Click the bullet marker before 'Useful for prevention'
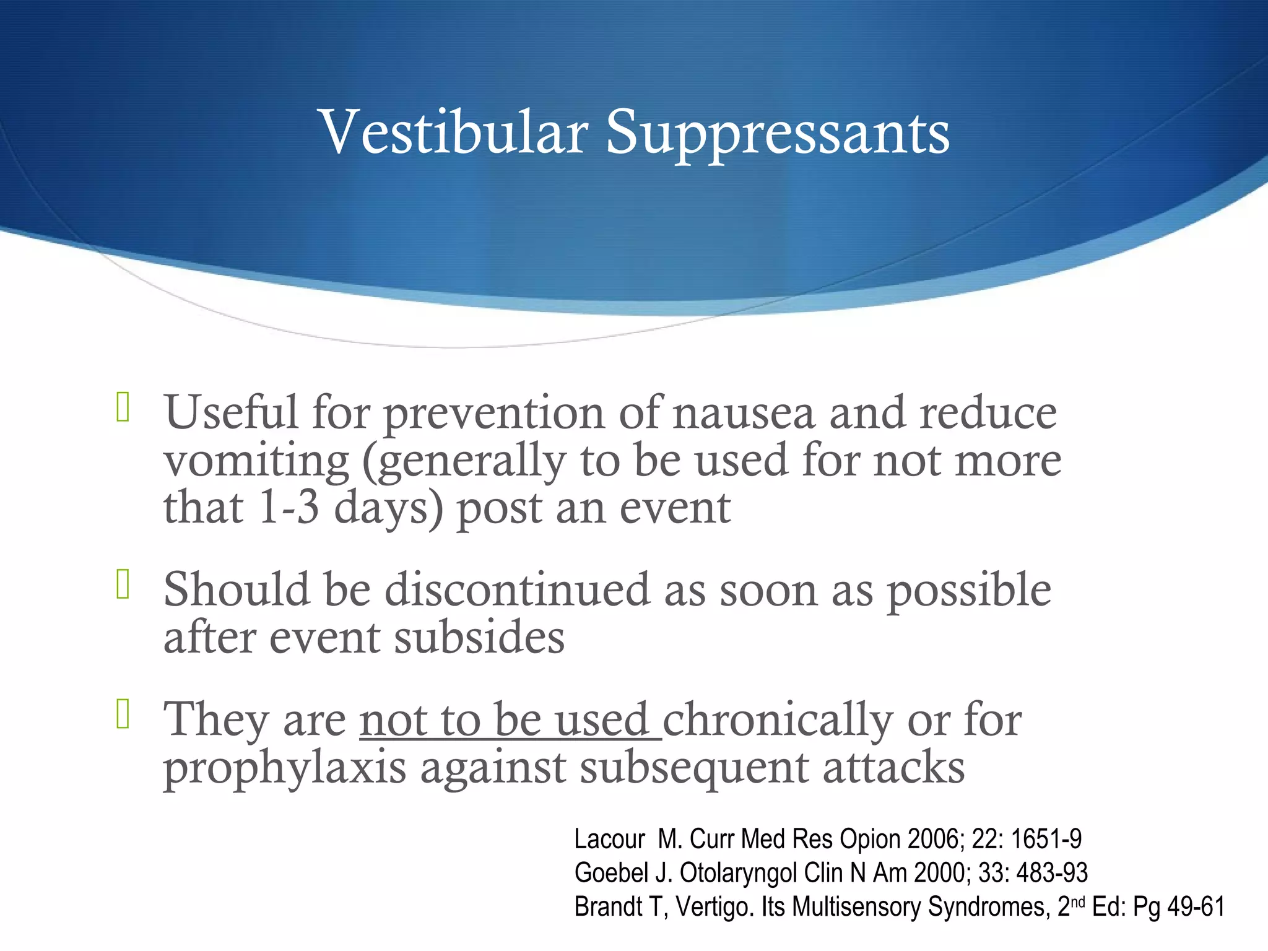123,408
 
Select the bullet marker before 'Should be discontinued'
123,584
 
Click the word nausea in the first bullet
744,413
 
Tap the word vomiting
256,461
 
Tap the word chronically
778,721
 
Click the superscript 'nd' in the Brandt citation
1078,901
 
